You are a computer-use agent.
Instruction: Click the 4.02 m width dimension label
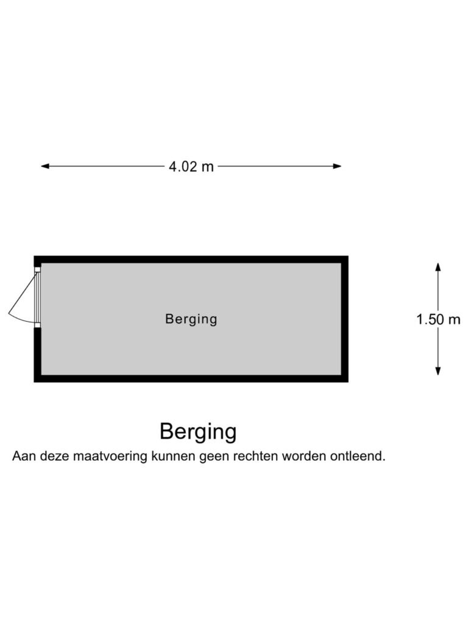coord(191,166)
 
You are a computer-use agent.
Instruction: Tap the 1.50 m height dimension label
coord(438,319)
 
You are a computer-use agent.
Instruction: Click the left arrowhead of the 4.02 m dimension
coord(45,166)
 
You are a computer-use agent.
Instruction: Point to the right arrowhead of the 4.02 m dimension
coord(337,166)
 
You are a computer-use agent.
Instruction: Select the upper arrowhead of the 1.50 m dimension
coord(438,267)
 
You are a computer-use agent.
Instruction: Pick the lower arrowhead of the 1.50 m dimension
coord(438,371)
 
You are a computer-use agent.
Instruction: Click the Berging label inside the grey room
coord(191,319)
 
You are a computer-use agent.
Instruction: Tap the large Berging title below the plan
coord(198,432)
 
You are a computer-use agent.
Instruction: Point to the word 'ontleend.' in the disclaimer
coord(358,456)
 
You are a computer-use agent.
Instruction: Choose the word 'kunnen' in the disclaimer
coord(173,456)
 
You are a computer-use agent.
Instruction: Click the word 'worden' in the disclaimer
coord(304,456)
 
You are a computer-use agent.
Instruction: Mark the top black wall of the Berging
coord(191,259)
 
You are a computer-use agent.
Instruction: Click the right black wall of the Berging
coord(345,319)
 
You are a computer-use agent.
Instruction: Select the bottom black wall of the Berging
coord(191,379)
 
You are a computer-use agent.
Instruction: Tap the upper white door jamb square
coord(37,269)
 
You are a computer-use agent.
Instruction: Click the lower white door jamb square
coord(37,325)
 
